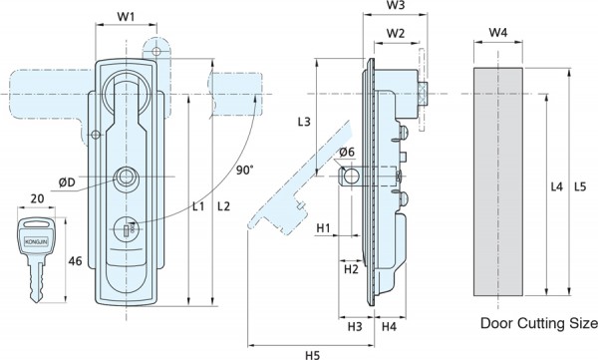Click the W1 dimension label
point(126,17)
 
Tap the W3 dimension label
point(396,5)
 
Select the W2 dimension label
point(395,34)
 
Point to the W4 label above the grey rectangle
point(498,33)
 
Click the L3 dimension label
point(304,122)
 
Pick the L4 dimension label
point(557,186)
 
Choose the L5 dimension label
point(579,186)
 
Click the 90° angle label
point(244,170)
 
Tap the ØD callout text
point(67,182)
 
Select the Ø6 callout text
point(347,152)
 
